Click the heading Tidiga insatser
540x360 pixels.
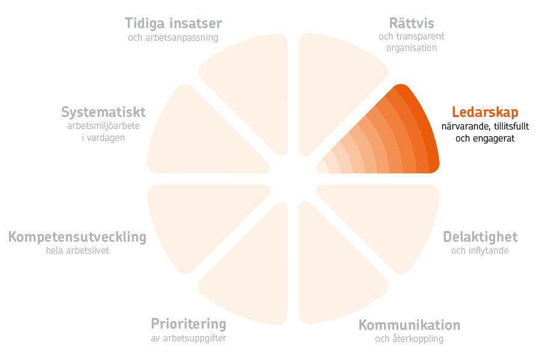point(173,23)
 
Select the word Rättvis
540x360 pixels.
point(412,23)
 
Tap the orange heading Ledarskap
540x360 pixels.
point(485,112)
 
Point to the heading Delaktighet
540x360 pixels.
point(480,237)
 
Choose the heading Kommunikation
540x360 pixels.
point(409,325)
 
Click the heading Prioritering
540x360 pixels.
point(189,324)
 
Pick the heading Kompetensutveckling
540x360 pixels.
point(77,238)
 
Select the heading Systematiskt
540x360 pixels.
point(103,112)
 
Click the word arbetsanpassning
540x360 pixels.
point(182,38)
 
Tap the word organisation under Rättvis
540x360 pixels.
point(412,48)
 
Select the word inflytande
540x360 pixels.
point(488,250)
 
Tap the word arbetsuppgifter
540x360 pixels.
point(194,338)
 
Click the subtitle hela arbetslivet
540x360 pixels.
point(77,250)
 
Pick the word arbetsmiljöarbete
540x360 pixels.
point(103,126)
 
